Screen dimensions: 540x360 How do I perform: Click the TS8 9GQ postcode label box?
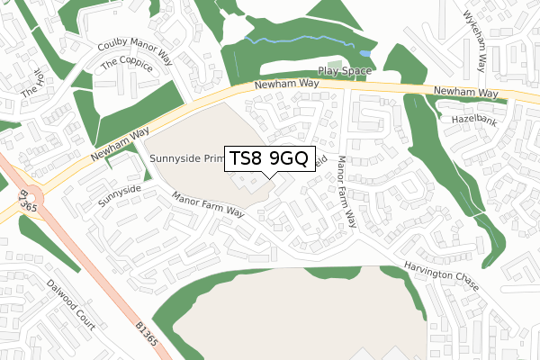269,159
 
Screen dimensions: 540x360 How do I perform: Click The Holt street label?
31,83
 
